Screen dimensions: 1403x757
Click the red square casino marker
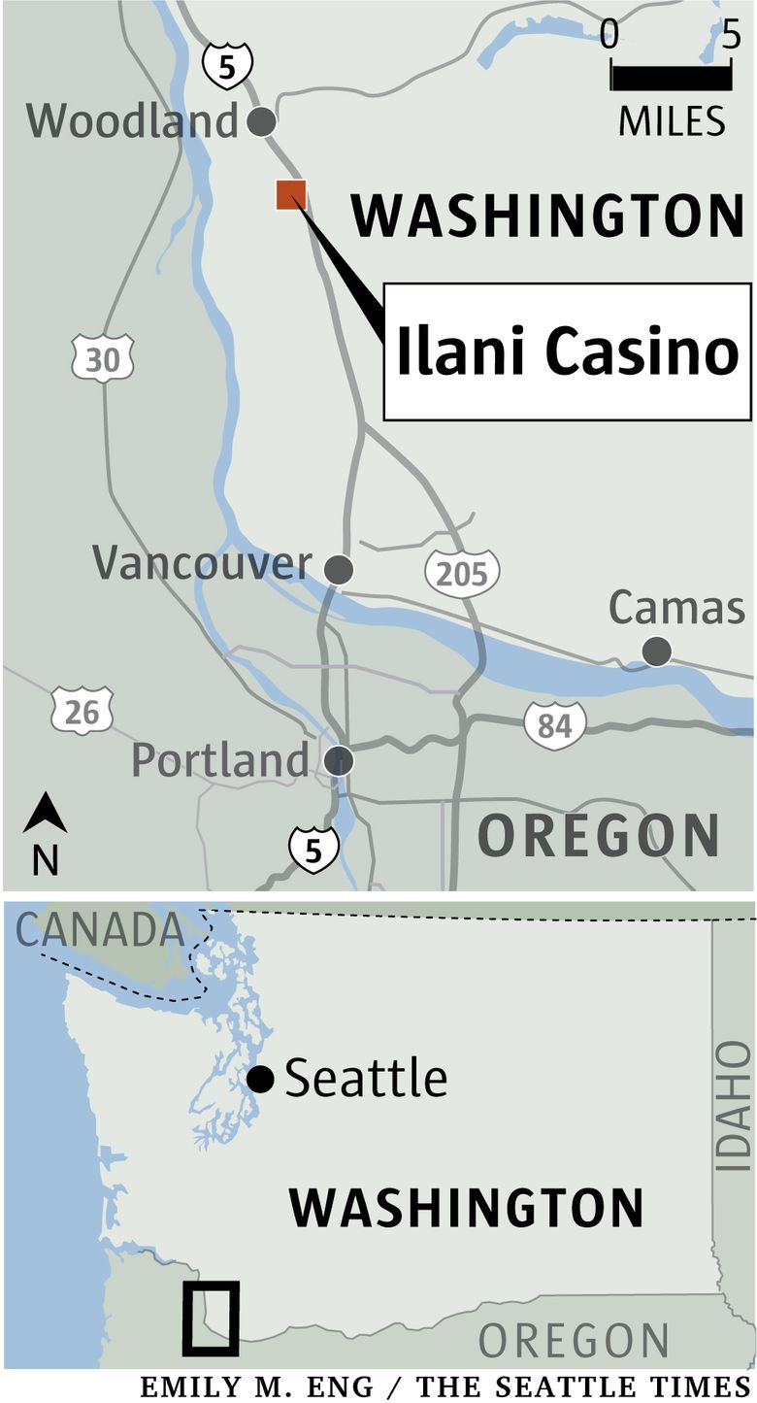[x=291, y=194]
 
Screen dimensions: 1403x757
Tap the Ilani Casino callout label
[x=568, y=351]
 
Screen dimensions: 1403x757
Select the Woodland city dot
[x=261, y=122]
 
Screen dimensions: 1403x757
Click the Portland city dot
[x=339, y=760]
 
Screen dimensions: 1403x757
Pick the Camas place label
[x=676, y=608]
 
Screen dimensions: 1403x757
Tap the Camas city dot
[x=657, y=651]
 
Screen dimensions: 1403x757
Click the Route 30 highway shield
[x=102, y=359]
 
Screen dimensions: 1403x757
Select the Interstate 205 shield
[x=462, y=573]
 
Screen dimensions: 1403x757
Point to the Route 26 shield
[x=82, y=712]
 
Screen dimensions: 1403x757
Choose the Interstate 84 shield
[x=554, y=724]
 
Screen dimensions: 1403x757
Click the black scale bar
[x=671, y=76]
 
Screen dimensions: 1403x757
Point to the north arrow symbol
[x=45, y=814]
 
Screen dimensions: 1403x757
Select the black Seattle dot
[x=259, y=1079]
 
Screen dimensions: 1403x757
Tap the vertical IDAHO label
[x=734, y=1106]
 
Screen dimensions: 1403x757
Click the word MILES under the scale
[x=672, y=121]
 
